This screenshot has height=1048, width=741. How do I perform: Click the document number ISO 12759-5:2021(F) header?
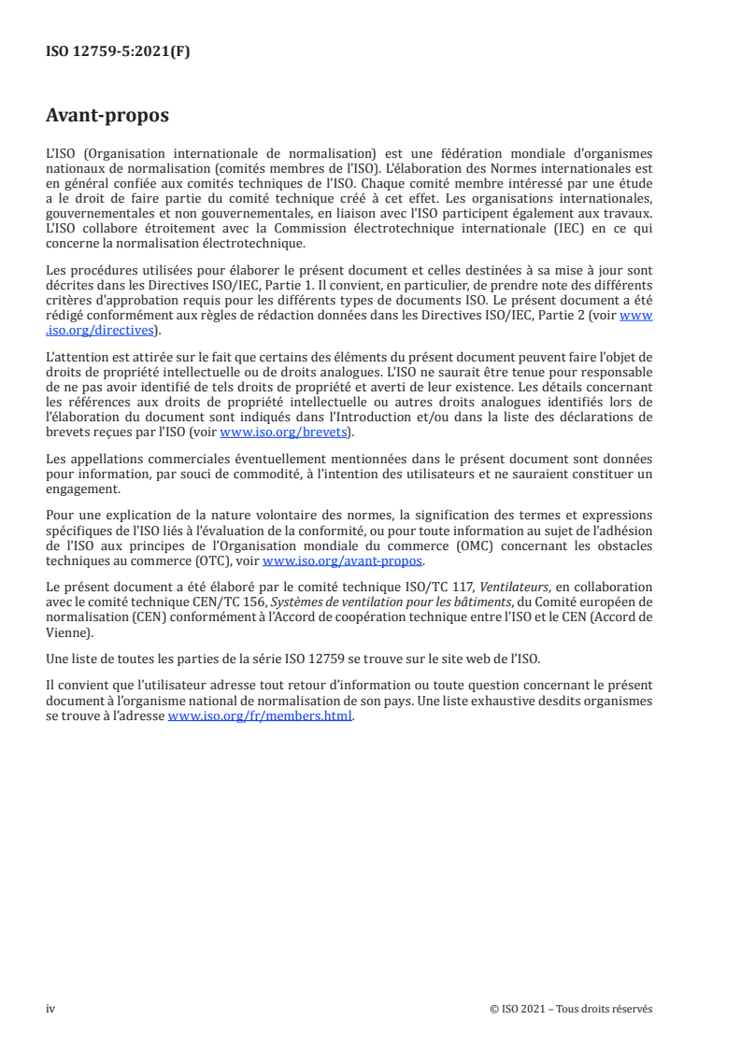[x=118, y=53]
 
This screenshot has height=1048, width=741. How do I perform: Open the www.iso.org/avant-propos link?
[x=343, y=561]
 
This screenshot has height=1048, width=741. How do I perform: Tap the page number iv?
[x=50, y=1009]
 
